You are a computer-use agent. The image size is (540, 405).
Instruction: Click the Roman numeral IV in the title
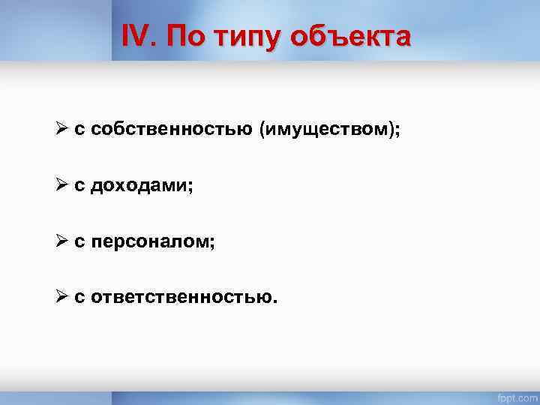point(139,35)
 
